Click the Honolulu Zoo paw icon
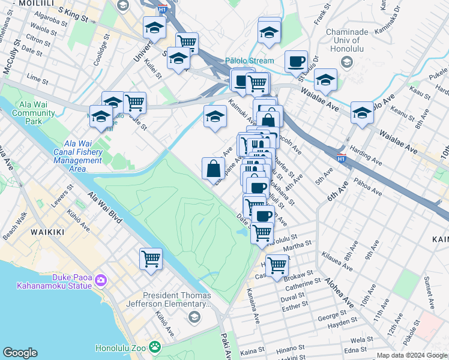(x=155, y=347)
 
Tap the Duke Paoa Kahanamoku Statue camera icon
(x=100, y=280)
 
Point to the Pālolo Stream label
(x=250, y=61)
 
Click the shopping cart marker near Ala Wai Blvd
(x=151, y=259)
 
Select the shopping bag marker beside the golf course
(x=214, y=168)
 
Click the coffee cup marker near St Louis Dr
(x=296, y=61)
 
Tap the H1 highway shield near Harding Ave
(x=341, y=158)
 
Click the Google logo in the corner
(x=20, y=353)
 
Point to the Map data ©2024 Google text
(x=412, y=355)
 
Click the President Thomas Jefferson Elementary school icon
(x=194, y=317)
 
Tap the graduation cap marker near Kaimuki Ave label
(x=215, y=116)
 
